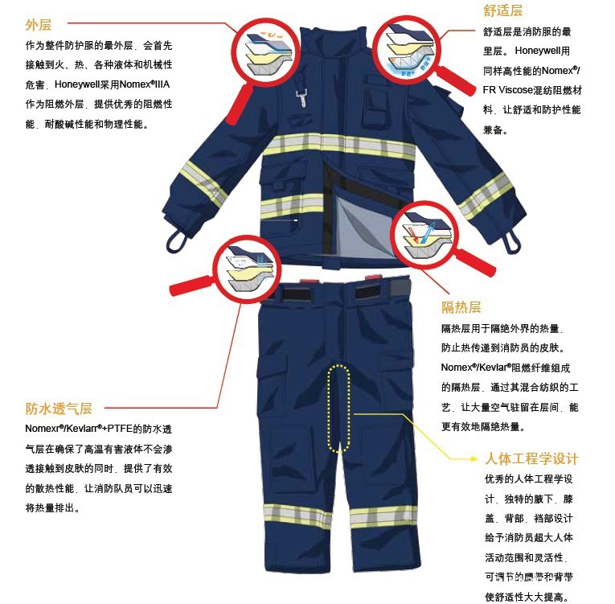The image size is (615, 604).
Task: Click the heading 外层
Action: pos(39,25)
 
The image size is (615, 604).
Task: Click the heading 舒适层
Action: pos(502,10)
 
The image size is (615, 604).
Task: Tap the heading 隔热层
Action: pos(461,307)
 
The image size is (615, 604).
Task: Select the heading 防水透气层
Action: pos(59,409)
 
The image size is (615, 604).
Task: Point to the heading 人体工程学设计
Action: pos(531,458)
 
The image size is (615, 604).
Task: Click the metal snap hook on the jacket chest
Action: pos(301,97)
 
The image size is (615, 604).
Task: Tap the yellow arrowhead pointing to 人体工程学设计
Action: pos(474,458)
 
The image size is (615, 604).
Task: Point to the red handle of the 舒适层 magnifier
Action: pos(455,80)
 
